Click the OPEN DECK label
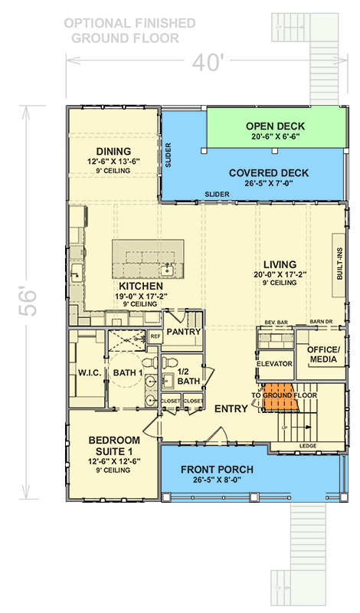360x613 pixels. (277, 126)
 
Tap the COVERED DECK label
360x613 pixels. (268, 173)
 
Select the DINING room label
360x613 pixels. (113, 151)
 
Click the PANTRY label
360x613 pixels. (183, 332)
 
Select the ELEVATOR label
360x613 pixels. (276, 364)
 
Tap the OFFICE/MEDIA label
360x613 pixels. (322, 354)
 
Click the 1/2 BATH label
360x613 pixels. (188, 375)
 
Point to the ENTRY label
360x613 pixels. (231, 409)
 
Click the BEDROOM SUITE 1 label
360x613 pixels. (113, 445)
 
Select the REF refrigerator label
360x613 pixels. (155, 336)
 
